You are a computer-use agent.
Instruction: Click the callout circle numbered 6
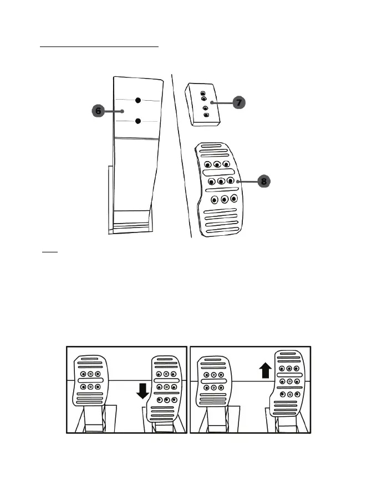tap(98, 111)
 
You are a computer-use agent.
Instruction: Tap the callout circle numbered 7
tap(238, 102)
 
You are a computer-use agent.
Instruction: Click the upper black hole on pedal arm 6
tap(138, 100)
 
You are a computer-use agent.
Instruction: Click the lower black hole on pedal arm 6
tap(139, 121)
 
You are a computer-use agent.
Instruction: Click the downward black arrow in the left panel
tap(143, 391)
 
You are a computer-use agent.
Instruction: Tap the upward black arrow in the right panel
tap(265, 369)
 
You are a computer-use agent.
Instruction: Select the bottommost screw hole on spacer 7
tap(207, 115)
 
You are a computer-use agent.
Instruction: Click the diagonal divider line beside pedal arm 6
tap(181, 155)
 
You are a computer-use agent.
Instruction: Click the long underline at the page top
tap(99, 47)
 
